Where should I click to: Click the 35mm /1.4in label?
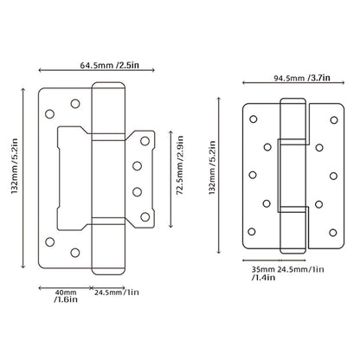tap(253, 273)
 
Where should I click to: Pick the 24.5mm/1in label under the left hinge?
tap(116, 292)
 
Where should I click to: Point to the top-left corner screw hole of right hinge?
tap(254, 117)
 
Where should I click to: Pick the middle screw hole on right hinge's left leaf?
tap(252, 175)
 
